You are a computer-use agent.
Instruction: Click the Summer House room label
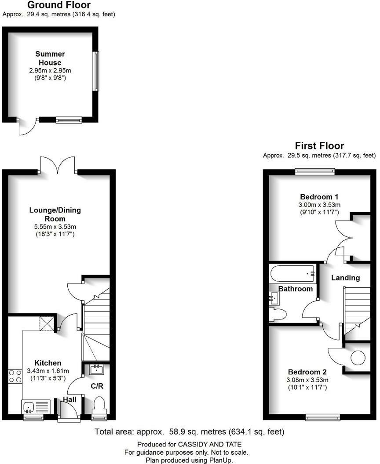[x=50, y=58]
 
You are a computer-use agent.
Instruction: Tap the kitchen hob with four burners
[x=15, y=377]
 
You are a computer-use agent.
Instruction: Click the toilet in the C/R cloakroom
[x=99, y=405]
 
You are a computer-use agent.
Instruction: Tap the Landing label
[x=345, y=278]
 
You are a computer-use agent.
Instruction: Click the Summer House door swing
[x=27, y=127]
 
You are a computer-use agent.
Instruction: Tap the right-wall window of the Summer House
[x=95, y=71]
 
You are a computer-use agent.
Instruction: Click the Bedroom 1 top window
[x=314, y=171]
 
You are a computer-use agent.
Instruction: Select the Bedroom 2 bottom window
[x=323, y=417]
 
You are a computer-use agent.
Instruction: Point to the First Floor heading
[x=319, y=146]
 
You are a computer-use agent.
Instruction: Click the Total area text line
[x=189, y=432]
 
